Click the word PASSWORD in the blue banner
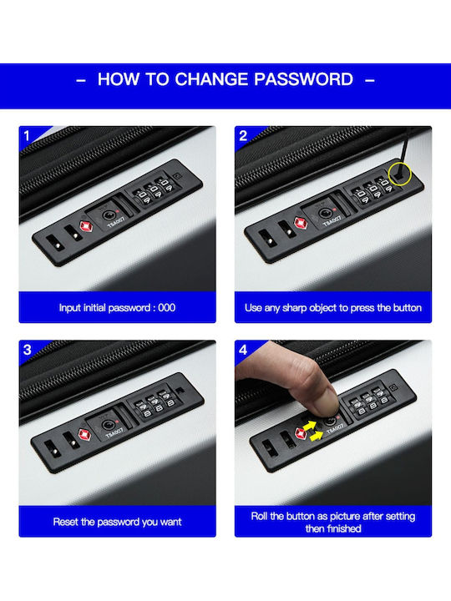click(x=303, y=79)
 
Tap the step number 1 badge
click(x=27, y=136)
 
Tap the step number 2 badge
click(x=243, y=136)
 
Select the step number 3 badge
click(x=28, y=350)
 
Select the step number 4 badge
click(x=243, y=350)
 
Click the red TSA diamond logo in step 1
click(x=86, y=227)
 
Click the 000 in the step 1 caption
click(x=167, y=308)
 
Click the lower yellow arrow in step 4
click(x=317, y=437)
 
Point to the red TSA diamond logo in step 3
click(x=84, y=435)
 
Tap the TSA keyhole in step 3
click(x=107, y=425)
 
